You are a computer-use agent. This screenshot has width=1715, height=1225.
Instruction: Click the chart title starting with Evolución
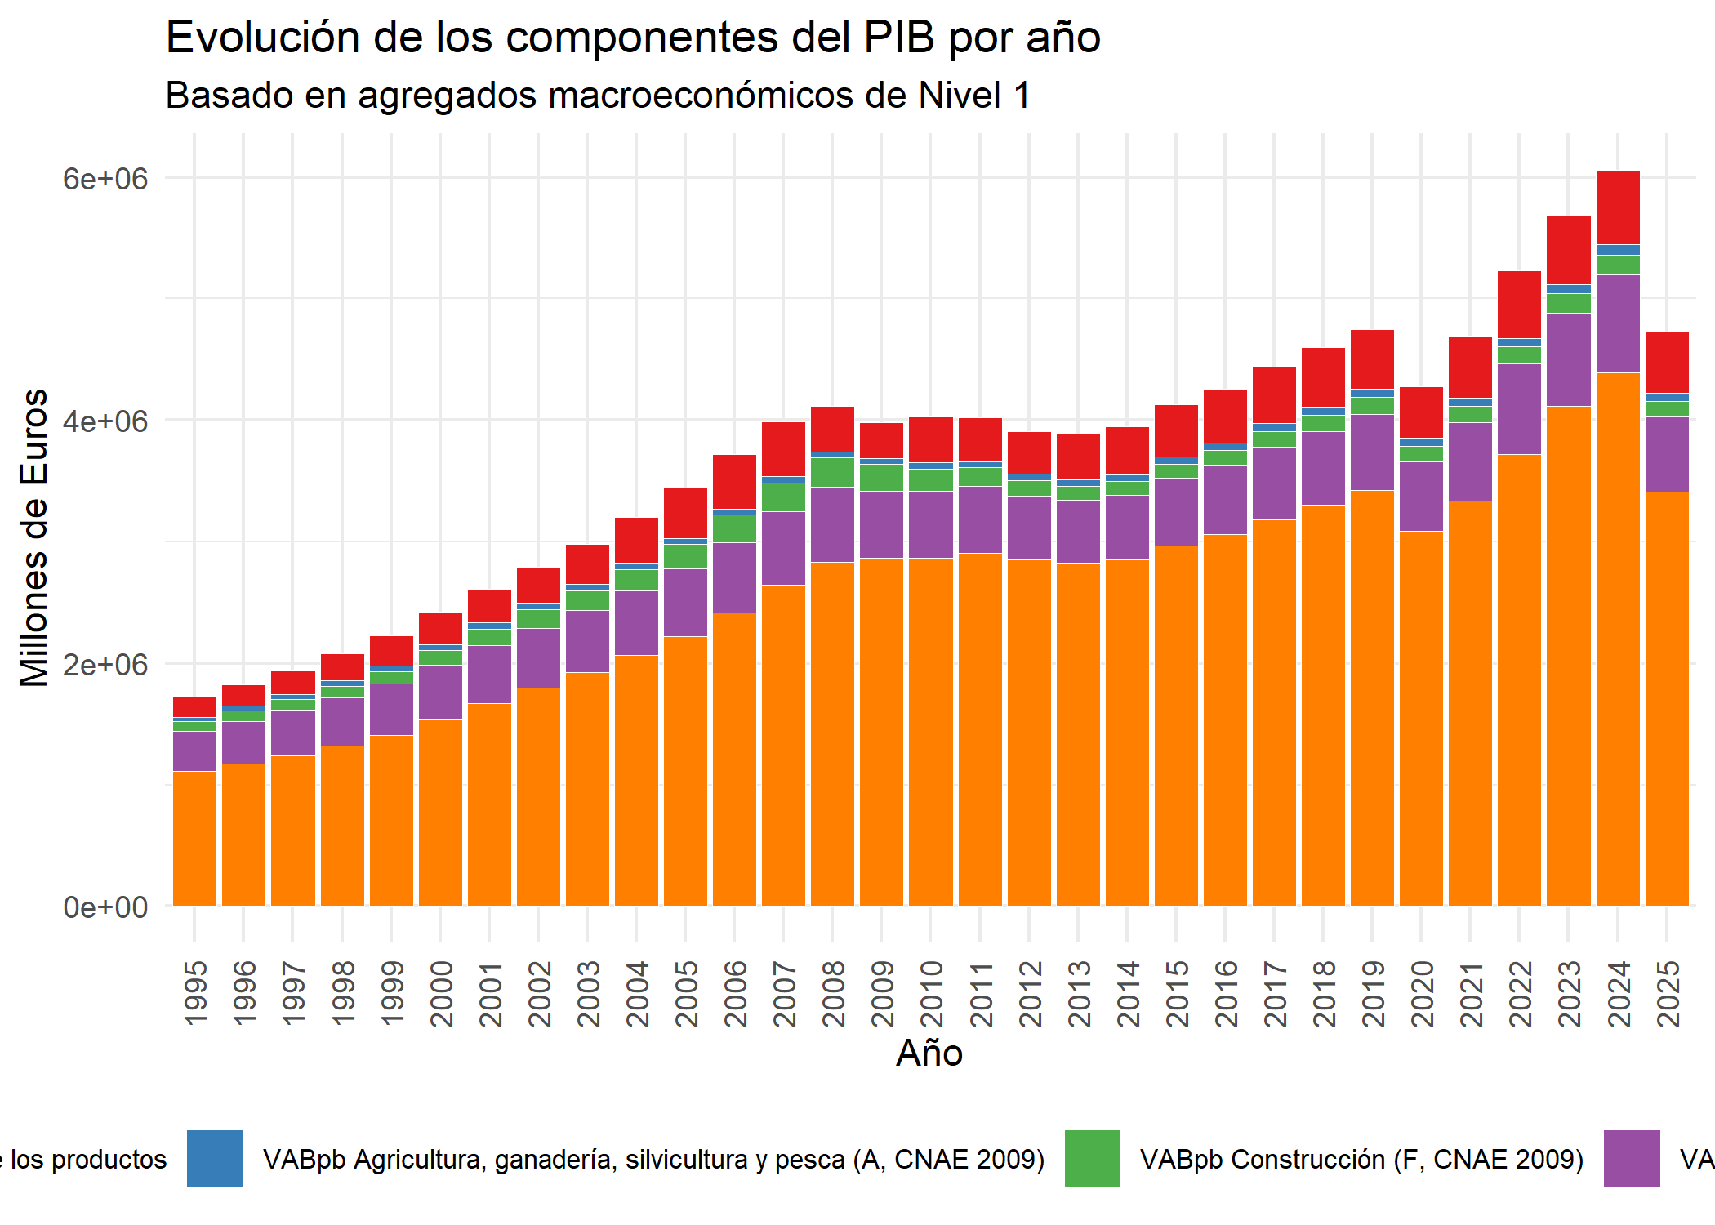point(633,38)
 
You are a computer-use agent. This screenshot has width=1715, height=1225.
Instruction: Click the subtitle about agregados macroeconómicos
point(598,96)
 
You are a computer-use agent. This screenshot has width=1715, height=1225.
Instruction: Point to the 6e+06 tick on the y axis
point(105,178)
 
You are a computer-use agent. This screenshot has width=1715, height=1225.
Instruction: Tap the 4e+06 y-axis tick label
point(105,421)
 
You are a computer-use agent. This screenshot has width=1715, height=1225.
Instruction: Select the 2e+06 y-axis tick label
point(105,664)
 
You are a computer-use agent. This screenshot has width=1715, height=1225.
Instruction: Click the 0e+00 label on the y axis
point(105,906)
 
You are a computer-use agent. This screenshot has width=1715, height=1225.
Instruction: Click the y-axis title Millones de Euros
point(34,537)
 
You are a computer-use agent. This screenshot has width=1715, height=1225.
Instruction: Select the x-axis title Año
point(929,1053)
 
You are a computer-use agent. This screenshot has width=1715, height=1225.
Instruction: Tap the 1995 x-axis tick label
point(196,994)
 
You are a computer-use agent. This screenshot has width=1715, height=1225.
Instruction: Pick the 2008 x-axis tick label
point(834,994)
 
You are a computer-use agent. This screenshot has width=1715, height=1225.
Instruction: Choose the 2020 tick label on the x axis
point(1423,994)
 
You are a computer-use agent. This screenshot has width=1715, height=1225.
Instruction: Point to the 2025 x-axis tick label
point(1668,994)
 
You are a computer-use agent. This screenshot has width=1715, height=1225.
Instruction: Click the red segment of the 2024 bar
point(1618,207)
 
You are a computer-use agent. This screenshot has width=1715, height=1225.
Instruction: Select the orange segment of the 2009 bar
point(882,732)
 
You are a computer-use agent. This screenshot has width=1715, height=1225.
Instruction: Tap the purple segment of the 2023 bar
point(1569,359)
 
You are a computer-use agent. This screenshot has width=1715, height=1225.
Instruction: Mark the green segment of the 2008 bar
point(833,472)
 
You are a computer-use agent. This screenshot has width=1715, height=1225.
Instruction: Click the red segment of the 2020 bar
point(1422,412)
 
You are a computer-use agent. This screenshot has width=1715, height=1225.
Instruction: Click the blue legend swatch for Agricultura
point(216,1158)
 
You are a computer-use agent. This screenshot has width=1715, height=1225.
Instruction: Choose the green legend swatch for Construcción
point(1093,1158)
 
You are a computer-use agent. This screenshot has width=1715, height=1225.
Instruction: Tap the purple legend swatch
point(1632,1158)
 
